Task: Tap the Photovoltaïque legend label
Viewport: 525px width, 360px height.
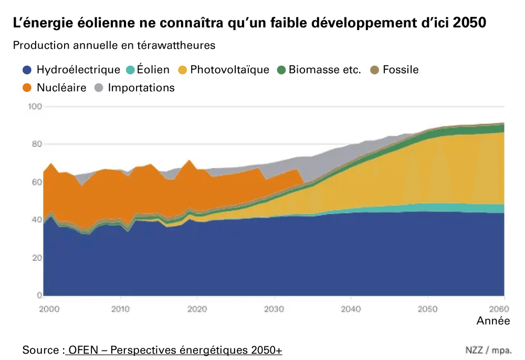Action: click(229, 70)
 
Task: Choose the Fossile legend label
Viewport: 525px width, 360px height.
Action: click(401, 70)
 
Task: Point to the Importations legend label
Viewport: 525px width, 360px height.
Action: click(141, 88)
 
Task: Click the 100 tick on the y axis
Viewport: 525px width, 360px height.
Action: click(35, 107)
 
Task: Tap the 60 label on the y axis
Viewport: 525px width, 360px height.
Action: click(36, 182)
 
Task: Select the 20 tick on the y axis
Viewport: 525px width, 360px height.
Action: click(36, 258)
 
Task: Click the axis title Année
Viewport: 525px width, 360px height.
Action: click(493, 321)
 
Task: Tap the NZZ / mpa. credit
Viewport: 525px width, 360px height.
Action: click(488, 350)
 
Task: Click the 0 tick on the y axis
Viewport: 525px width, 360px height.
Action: click(39, 295)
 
